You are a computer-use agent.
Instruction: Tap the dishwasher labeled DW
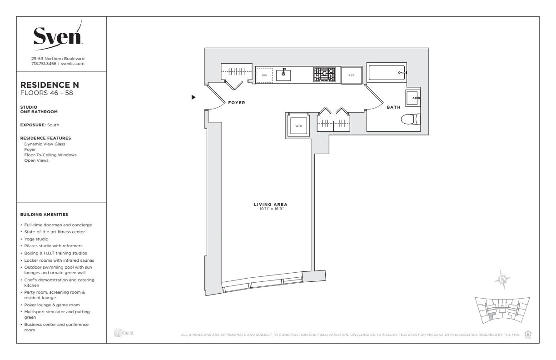[x=264, y=75]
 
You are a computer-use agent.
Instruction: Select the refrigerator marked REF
[x=351, y=75]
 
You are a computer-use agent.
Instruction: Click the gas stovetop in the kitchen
[x=324, y=74]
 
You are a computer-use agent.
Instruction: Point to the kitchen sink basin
[x=283, y=75]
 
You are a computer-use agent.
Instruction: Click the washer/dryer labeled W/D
[x=298, y=126]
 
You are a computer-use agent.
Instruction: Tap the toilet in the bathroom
[x=411, y=119]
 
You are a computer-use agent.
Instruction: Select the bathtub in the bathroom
[x=387, y=73]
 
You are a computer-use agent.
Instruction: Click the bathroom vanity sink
[x=412, y=98]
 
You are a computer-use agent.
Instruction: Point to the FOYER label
[x=237, y=103]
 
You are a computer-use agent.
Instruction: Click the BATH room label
[x=393, y=107]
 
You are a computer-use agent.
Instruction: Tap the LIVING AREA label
[x=271, y=205]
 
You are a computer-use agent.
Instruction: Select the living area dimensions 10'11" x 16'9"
[x=272, y=209]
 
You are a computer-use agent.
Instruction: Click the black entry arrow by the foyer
[x=194, y=97]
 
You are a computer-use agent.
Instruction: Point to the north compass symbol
[x=502, y=279]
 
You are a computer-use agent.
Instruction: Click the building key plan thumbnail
[x=502, y=310]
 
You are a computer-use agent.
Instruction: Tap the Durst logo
[x=124, y=333]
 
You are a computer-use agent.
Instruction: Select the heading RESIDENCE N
[x=50, y=85]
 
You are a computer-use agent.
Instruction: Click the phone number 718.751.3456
[x=44, y=64]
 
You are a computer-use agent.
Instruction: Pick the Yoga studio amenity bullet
[x=36, y=239]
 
